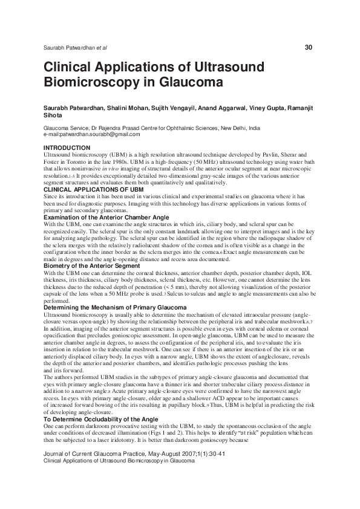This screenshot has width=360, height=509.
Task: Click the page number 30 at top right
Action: click(309, 47)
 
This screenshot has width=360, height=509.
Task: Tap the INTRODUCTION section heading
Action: click(67, 148)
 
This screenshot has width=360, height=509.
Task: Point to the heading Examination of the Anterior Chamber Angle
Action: click(106, 217)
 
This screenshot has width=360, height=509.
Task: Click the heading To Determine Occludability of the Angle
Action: click(101, 402)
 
